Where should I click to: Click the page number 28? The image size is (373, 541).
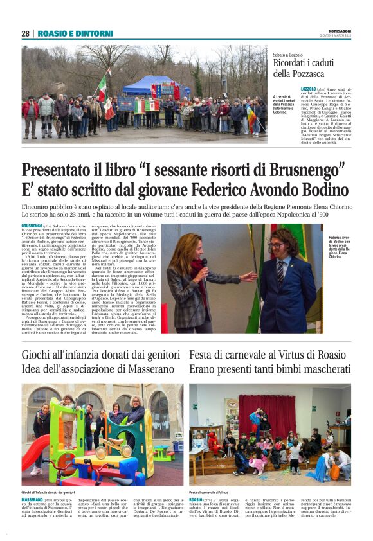(26, 33)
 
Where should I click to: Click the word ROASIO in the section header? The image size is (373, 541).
(53, 33)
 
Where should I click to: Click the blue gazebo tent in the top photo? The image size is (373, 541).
(149, 83)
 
